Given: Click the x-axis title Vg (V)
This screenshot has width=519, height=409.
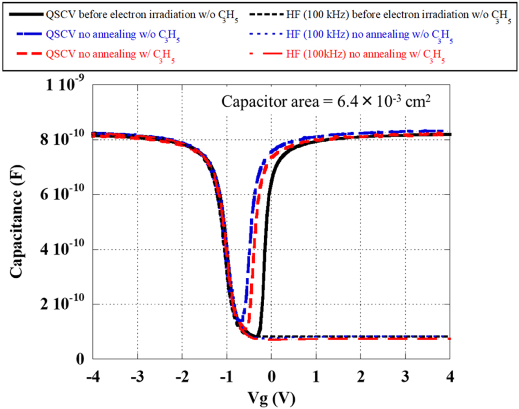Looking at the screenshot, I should [x=271, y=398].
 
